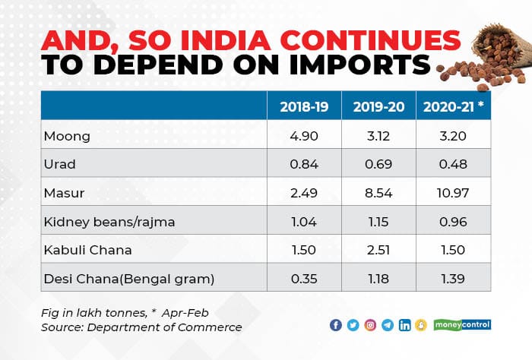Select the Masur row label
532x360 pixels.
tap(62, 192)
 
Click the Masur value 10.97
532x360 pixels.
tap(453, 192)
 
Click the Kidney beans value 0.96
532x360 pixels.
tap(453, 221)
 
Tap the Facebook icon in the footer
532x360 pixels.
tap(336, 325)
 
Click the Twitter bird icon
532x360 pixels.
tap(353, 325)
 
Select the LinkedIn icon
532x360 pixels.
tap(404, 325)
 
